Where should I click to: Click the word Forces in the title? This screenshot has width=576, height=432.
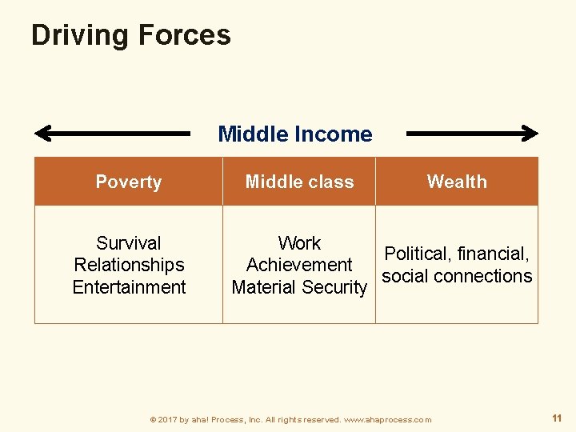(x=184, y=35)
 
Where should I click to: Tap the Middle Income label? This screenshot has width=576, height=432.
(x=294, y=134)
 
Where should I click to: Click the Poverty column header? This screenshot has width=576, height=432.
(x=128, y=182)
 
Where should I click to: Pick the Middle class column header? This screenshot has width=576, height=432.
(x=299, y=182)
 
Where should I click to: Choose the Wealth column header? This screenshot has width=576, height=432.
(x=457, y=182)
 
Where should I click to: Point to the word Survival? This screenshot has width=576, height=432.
(x=128, y=243)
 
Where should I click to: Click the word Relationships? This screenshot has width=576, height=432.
(x=128, y=265)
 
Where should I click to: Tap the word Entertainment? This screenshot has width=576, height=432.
(x=128, y=287)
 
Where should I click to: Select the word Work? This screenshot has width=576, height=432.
(x=299, y=243)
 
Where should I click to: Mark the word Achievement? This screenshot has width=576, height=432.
(x=299, y=265)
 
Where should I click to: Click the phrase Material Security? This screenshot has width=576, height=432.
(x=299, y=287)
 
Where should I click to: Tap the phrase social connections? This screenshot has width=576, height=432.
(x=457, y=276)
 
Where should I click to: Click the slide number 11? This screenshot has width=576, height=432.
(x=557, y=418)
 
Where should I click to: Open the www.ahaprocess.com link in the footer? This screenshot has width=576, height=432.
(x=387, y=419)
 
